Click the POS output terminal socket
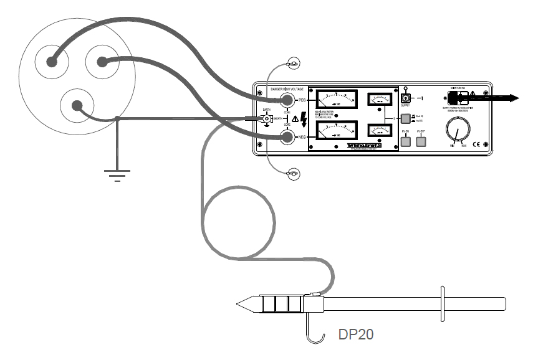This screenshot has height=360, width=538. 287,100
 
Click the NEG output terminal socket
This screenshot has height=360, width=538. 287,138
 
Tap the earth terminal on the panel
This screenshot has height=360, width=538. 266,119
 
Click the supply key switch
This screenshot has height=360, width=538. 405,99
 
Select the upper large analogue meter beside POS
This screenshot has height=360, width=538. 336,100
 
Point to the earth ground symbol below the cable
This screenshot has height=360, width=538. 116,174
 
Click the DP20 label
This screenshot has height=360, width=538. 356,334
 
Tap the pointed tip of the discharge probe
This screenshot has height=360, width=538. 239,305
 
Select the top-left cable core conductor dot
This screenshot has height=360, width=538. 50,62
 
